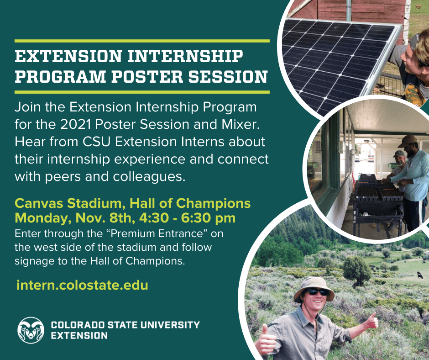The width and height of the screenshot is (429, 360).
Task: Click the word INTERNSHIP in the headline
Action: click(185, 56)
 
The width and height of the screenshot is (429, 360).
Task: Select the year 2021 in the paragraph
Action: click(75, 124)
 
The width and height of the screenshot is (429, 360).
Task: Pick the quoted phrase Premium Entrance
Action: click(156, 233)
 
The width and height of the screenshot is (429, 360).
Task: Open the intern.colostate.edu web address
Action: click(82, 285)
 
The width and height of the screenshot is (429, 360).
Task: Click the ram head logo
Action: click(31, 330)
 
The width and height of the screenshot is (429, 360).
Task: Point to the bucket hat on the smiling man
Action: click(314, 288)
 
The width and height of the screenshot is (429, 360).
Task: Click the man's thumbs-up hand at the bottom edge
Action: click(265, 340)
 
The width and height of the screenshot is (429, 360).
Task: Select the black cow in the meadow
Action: click(420, 275)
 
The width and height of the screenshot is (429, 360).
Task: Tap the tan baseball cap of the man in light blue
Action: click(408, 140)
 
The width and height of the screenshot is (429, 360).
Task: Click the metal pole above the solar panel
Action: click(349, 10)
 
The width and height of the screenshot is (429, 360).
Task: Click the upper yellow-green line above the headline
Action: click(142, 41)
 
